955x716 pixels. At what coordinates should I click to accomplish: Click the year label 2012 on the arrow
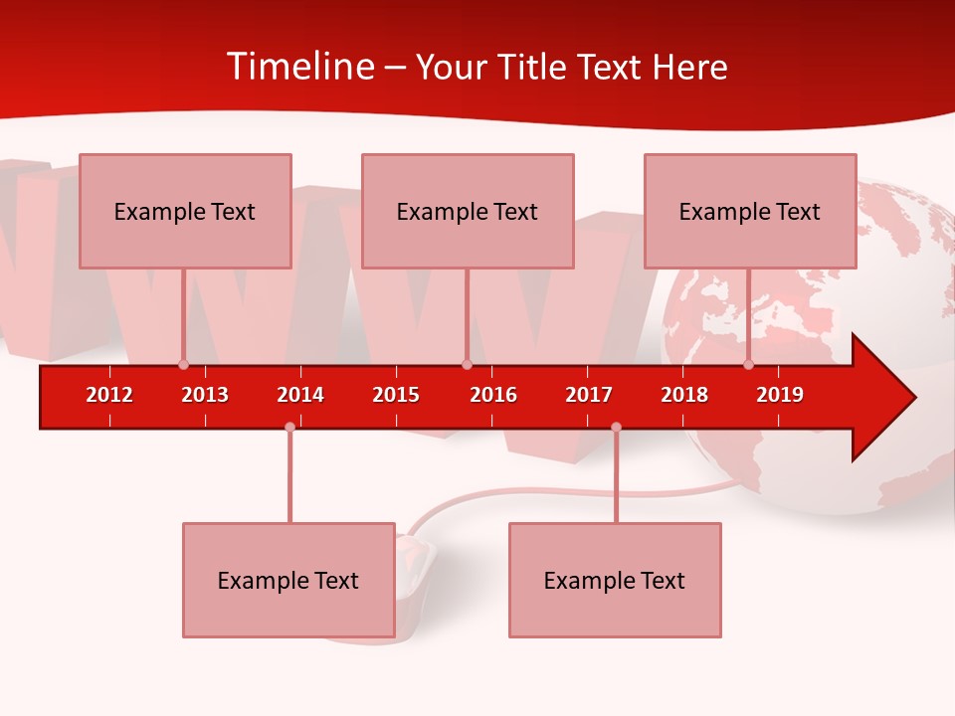tap(109, 395)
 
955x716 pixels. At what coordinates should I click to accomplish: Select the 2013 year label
tap(205, 395)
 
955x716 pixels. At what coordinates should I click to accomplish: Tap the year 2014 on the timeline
tap(300, 395)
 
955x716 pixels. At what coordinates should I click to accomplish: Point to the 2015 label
tap(396, 395)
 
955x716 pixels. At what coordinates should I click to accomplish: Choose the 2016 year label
tap(493, 395)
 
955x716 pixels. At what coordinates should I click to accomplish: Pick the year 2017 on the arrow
tap(589, 395)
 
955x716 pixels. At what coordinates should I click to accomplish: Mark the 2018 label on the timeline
tap(684, 395)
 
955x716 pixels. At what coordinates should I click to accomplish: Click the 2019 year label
tap(780, 395)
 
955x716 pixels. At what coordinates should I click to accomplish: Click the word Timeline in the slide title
tap(299, 67)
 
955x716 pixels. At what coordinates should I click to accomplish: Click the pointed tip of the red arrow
tap(912, 398)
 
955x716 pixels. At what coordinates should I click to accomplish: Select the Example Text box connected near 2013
tap(185, 211)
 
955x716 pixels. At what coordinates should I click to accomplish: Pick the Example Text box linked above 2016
tap(468, 211)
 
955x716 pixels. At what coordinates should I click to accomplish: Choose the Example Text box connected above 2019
tap(750, 211)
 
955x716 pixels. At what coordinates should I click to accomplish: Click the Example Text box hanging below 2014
tap(288, 580)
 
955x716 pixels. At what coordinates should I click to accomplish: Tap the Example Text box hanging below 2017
tap(615, 580)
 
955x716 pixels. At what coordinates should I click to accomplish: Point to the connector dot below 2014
tap(289, 427)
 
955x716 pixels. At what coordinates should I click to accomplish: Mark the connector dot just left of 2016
tap(467, 364)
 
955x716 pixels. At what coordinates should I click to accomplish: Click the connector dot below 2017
tap(616, 427)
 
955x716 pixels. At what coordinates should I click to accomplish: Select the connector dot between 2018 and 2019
tap(748, 364)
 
